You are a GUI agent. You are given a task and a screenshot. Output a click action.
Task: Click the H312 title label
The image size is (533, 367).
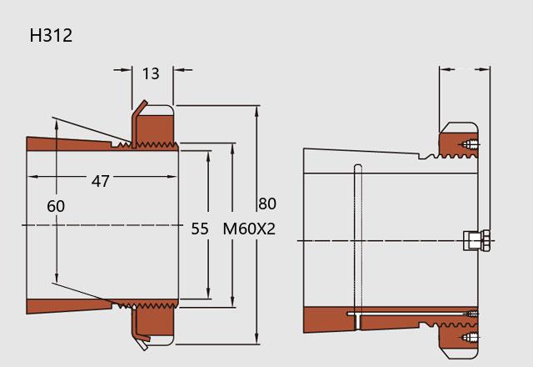[51, 35]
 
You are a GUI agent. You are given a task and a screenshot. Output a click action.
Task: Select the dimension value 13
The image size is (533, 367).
[151, 73]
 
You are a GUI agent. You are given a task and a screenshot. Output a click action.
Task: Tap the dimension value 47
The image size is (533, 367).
[100, 181]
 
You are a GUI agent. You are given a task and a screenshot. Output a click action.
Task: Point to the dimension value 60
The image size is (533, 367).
[56, 206]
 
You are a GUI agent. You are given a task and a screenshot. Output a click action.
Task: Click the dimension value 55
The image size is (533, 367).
[200, 229]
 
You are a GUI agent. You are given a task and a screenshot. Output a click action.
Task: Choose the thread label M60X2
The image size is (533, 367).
[249, 229]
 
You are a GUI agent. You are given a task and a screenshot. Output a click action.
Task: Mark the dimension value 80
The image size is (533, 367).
[267, 204]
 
